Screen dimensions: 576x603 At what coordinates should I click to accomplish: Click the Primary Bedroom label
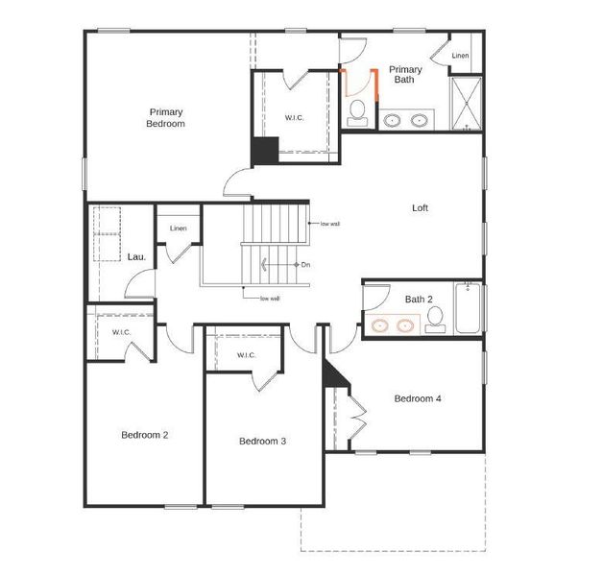pyautogui.click(x=165, y=117)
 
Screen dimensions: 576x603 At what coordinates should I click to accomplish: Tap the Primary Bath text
pyautogui.click(x=404, y=75)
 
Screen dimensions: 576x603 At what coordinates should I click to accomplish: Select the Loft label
pyautogui.click(x=420, y=207)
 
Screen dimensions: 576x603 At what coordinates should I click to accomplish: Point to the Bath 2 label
pyautogui.click(x=419, y=300)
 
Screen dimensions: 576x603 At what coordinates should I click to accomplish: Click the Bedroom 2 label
pyautogui.click(x=145, y=435)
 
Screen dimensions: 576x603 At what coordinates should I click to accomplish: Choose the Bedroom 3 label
pyautogui.click(x=263, y=441)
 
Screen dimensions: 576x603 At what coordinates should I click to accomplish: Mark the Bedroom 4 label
pyautogui.click(x=418, y=398)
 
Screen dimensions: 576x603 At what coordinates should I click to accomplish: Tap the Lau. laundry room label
pyautogui.click(x=135, y=257)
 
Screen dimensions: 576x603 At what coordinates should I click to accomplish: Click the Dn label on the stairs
pyautogui.click(x=305, y=264)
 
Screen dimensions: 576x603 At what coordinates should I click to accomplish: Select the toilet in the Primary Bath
pyautogui.click(x=357, y=111)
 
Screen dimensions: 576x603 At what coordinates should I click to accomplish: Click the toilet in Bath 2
pyautogui.click(x=436, y=320)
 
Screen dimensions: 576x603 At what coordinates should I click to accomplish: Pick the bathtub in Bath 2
pyautogui.click(x=468, y=308)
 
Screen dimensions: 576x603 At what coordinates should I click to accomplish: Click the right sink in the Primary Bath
pyautogui.click(x=420, y=121)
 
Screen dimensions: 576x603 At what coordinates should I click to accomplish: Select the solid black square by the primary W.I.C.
pyautogui.click(x=264, y=152)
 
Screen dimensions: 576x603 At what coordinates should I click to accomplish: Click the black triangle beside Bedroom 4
pyautogui.click(x=331, y=372)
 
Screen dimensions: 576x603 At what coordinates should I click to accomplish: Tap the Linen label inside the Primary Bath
pyautogui.click(x=461, y=57)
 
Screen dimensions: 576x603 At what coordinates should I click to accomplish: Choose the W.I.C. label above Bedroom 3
pyautogui.click(x=246, y=355)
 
